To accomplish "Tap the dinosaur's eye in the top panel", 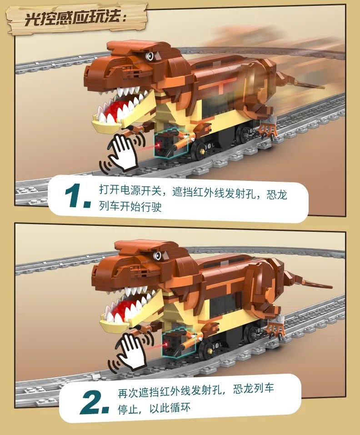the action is coord(150,56).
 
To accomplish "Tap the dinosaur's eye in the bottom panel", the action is coord(158,255).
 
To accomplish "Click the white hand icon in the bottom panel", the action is coord(131,350).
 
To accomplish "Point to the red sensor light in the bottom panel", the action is coord(166,345).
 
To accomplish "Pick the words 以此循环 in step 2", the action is coord(170,408).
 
